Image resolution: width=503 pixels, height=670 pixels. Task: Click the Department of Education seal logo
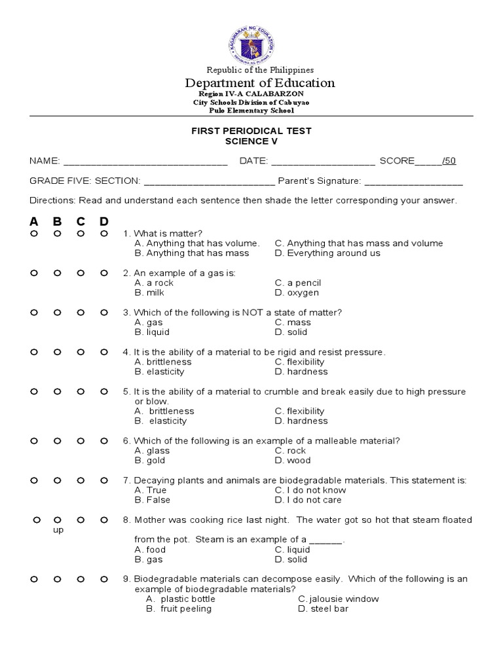[251, 42]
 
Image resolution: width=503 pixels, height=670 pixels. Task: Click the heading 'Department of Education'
[260, 83]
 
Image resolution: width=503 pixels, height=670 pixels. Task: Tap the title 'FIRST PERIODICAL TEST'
[251, 131]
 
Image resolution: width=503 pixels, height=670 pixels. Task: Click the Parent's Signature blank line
[413, 182]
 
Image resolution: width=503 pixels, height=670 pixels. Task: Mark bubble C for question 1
[81, 234]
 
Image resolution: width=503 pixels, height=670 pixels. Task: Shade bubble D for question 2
[104, 273]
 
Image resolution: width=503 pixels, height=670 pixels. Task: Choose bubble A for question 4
[33, 352]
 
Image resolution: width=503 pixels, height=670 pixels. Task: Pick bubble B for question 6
[57, 441]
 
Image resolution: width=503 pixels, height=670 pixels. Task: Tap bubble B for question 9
[57, 579]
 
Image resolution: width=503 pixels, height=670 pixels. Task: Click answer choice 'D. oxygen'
[297, 293]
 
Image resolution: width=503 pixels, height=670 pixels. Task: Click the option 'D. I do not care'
[308, 500]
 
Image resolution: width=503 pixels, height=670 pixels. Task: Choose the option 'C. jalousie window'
[338, 599]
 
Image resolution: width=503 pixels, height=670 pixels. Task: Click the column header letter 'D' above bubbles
[104, 221]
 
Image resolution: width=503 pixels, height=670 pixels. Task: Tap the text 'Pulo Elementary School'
[251, 111]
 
